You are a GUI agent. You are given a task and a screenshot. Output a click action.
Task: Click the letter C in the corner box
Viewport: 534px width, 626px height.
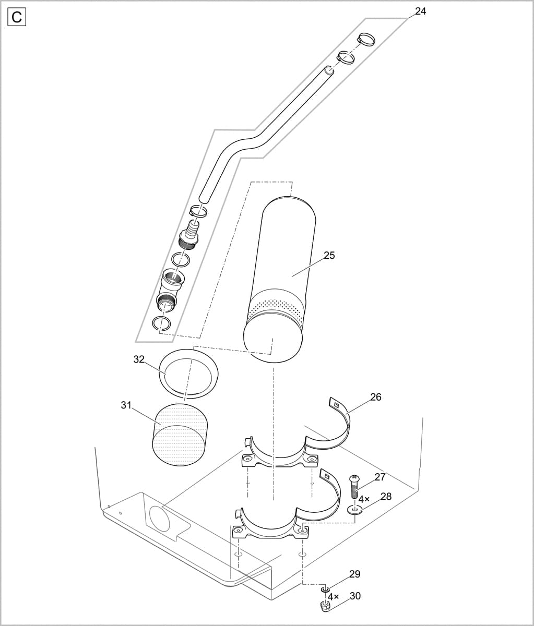tap(17, 17)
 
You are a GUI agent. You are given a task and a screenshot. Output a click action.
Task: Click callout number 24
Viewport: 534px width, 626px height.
tap(420, 11)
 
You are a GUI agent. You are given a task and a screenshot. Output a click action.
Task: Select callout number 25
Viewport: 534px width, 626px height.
tap(329, 255)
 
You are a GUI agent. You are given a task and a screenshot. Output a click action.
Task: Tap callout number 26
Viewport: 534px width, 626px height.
tap(376, 397)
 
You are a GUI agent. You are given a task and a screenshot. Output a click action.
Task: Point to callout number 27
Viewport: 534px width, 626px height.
tap(380, 477)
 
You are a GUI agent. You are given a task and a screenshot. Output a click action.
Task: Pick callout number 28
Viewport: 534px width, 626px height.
tap(386, 496)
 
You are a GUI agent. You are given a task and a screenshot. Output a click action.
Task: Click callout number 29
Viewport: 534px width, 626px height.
tap(354, 574)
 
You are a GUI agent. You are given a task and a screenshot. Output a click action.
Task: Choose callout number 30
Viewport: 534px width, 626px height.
tap(355, 596)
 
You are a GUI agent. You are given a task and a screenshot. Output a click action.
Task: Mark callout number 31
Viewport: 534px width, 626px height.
tap(126, 405)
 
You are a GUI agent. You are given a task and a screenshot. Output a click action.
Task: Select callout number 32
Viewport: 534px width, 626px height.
tap(139, 359)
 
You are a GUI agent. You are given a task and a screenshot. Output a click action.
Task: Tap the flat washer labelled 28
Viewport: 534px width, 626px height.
tap(356, 509)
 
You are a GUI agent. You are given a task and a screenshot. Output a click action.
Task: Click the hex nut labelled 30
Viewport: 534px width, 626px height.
tap(324, 607)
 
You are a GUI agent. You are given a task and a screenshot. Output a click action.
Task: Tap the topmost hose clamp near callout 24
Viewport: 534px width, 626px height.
tap(366, 39)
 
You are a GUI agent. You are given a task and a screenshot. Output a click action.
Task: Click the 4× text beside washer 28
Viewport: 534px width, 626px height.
tap(364, 499)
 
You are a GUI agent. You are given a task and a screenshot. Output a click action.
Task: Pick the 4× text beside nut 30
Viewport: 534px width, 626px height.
tap(333, 596)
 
